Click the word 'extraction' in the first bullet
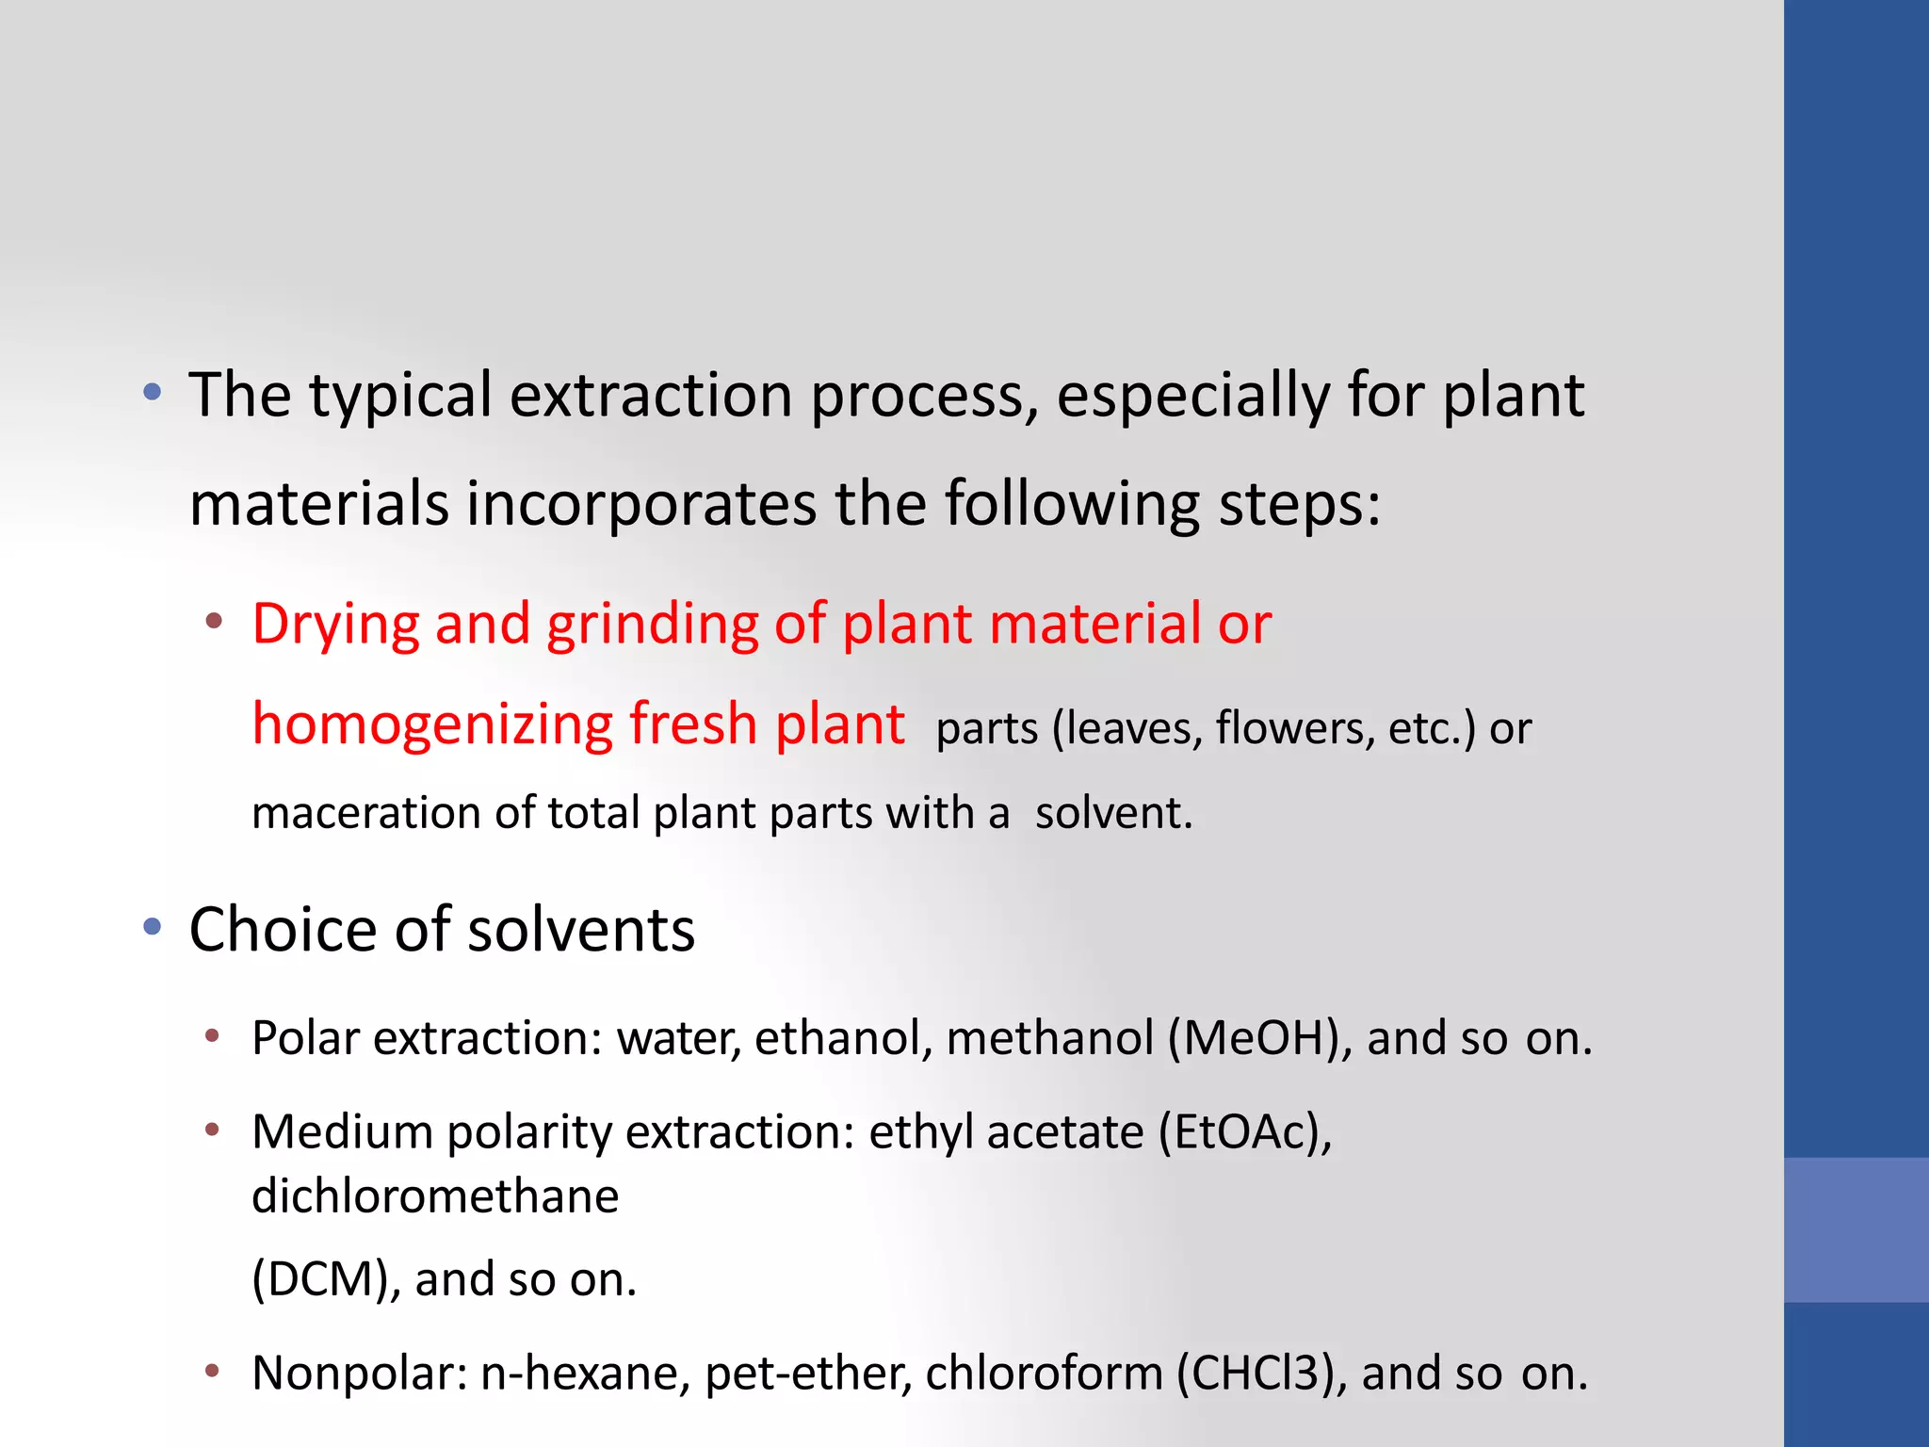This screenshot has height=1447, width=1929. [651, 396]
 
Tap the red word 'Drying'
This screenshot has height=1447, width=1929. [335, 625]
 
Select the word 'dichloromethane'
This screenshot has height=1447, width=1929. [435, 1196]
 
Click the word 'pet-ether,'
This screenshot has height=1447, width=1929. [808, 1374]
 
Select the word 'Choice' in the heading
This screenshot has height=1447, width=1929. [283, 931]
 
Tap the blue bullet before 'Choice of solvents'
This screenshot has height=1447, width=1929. [153, 928]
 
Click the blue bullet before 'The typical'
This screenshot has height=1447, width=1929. [153, 392]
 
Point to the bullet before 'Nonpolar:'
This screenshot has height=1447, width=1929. [213, 1371]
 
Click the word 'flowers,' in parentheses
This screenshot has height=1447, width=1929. [1292, 729]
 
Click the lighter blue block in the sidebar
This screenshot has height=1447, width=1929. [1856, 1229]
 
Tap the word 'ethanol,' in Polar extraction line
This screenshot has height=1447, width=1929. [843, 1039]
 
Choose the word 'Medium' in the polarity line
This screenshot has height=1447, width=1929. [342, 1132]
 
